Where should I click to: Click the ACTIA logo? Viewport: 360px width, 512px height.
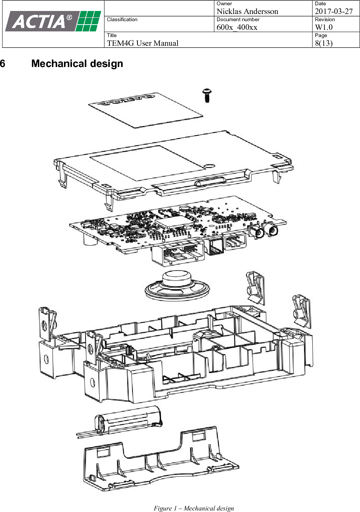53,22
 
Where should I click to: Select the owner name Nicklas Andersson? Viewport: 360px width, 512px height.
247,11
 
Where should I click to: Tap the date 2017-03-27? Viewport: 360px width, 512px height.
334,11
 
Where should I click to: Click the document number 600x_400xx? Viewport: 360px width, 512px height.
237,27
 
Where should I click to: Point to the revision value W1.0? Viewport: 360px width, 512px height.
324,27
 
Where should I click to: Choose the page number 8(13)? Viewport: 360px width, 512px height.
324,43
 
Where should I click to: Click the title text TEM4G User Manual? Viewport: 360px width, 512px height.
142,43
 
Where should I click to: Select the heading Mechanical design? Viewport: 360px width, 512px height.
77,64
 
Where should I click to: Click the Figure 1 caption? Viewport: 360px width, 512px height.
193,508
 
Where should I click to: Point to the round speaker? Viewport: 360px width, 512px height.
177,286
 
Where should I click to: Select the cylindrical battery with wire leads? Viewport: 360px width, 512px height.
129,420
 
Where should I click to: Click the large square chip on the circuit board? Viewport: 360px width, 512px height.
171,222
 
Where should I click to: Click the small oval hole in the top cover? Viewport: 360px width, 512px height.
209,165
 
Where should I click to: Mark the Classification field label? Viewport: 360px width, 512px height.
122,20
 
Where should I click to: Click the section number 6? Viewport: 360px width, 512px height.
3,64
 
